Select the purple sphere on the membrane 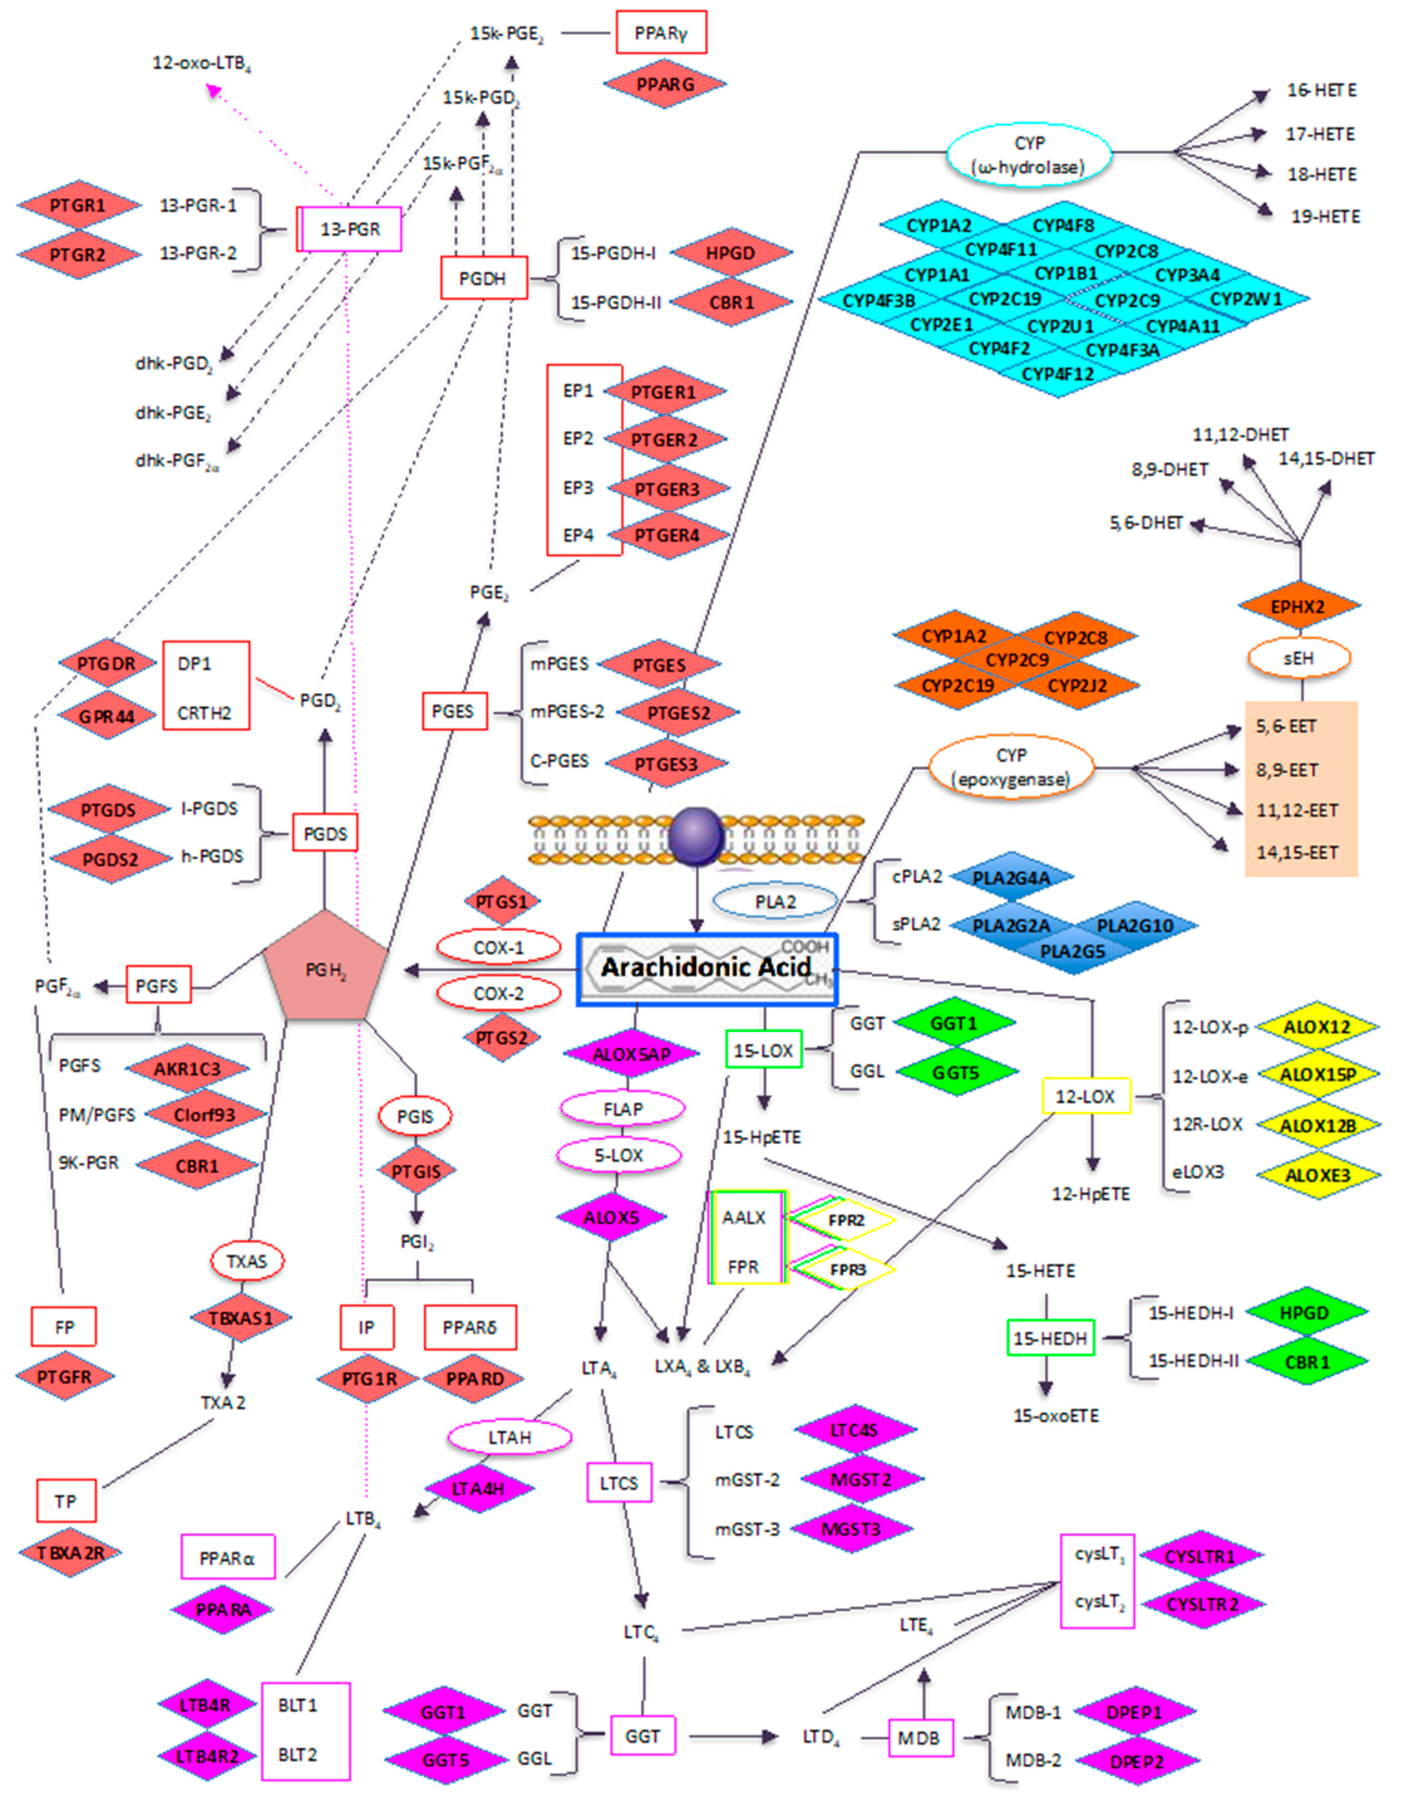[696, 837]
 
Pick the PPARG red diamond [664, 84]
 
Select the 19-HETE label [1325, 217]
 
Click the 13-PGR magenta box [350, 229]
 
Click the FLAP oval [622, 1109]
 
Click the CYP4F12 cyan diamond [1057, 374]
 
